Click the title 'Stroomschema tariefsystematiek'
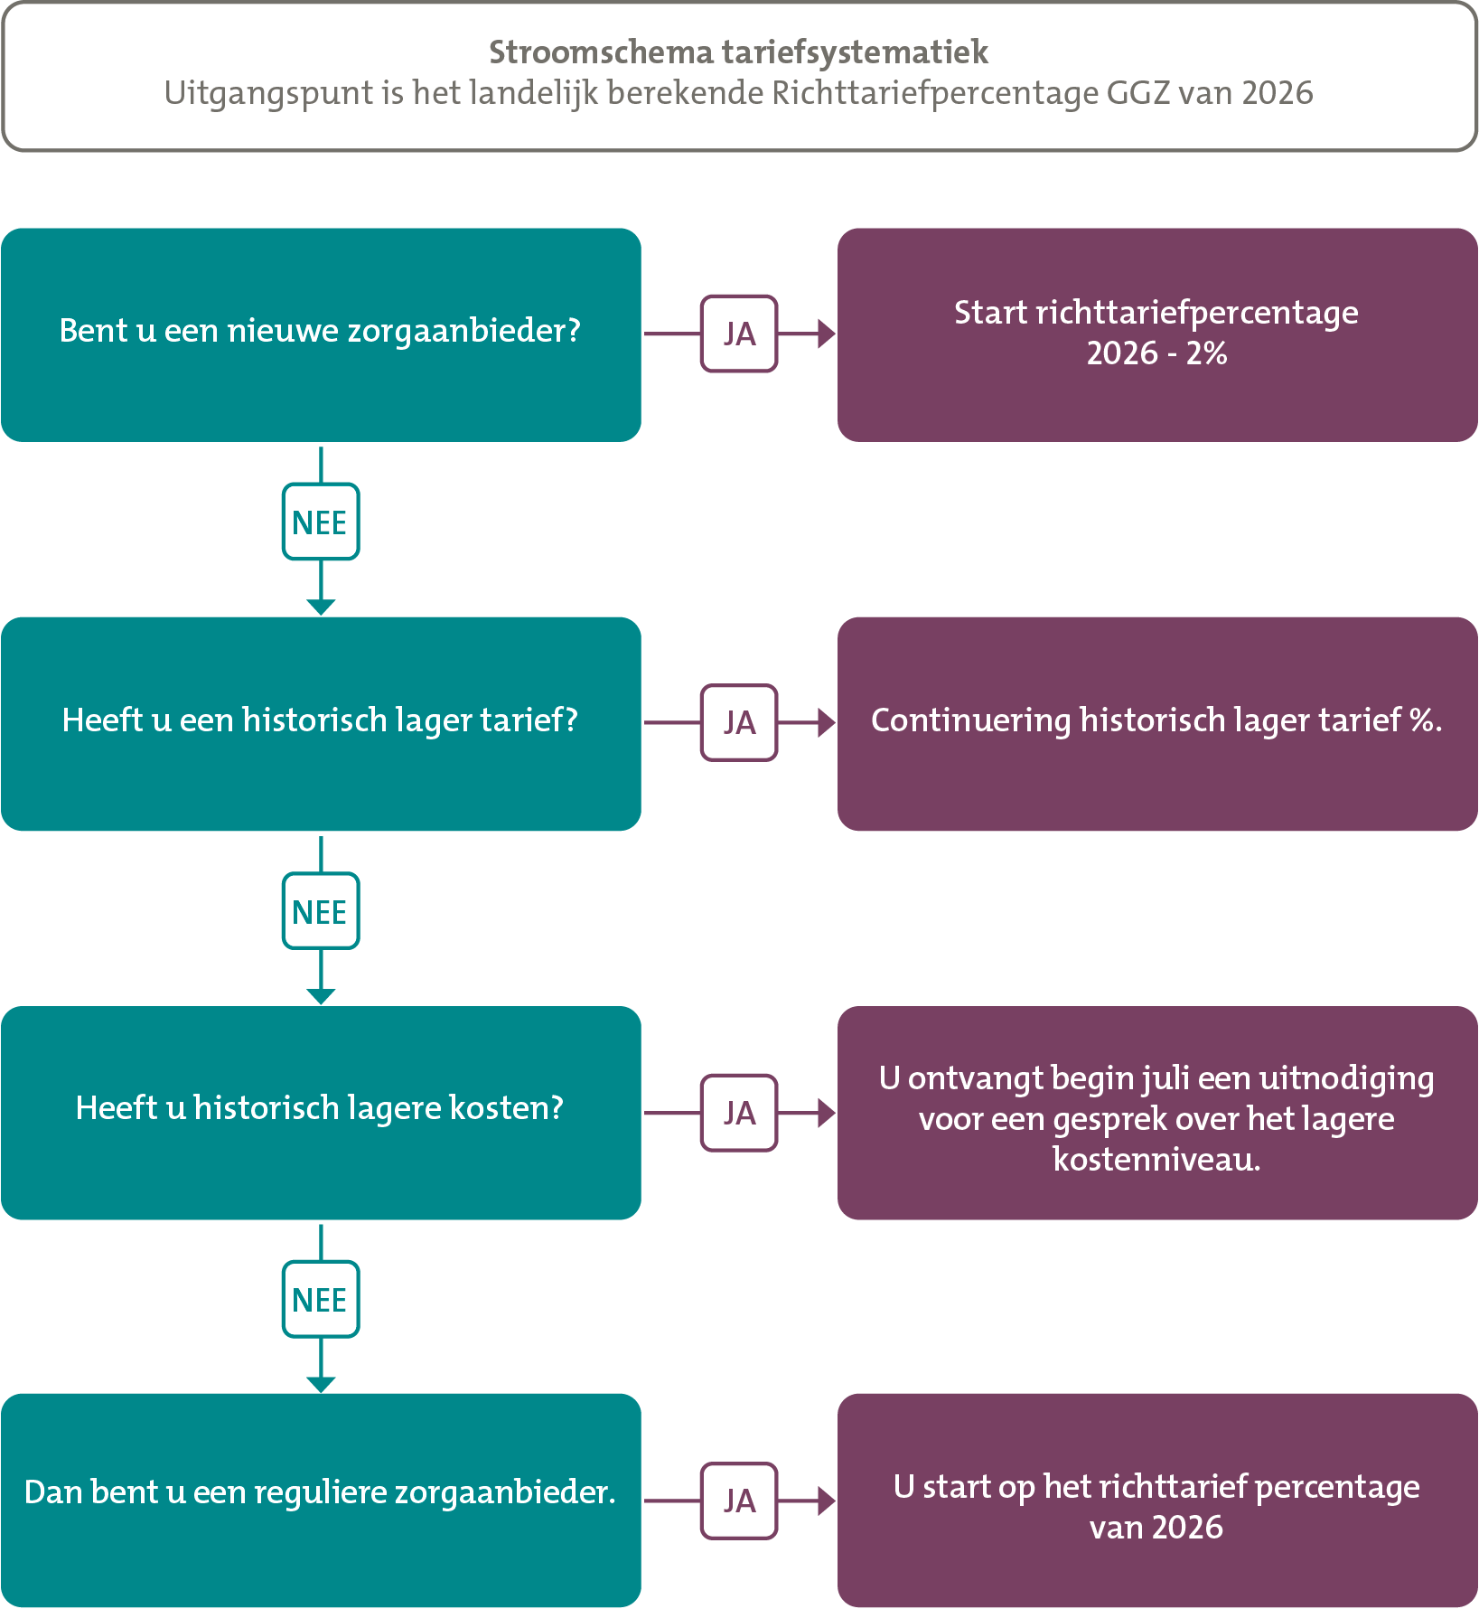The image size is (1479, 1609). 738,52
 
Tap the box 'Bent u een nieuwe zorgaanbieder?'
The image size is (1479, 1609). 321,334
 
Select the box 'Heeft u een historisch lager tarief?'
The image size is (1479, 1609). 321,723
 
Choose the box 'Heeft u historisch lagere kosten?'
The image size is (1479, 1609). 321,1113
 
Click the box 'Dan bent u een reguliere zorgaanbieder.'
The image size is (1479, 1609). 321,1501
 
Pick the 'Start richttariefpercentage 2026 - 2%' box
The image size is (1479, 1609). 1157,334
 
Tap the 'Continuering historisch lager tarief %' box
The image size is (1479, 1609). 1157,723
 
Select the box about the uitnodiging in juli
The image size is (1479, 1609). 1157,1113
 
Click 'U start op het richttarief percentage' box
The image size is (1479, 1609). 1157,1501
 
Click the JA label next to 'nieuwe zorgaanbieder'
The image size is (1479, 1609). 739,334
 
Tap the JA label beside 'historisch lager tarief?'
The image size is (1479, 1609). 739,723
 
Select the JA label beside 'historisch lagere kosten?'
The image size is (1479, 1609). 739,1113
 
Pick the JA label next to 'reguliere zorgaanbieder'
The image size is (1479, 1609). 739,1501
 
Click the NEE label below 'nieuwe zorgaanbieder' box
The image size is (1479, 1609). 321,522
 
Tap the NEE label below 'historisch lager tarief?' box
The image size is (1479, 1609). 321,911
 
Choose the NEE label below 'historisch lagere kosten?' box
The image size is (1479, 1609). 321,1300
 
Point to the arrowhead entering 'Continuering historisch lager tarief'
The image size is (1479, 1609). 826,723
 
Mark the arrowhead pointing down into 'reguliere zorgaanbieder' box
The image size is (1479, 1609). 321,1385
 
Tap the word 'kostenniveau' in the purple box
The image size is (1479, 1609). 1156,1159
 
